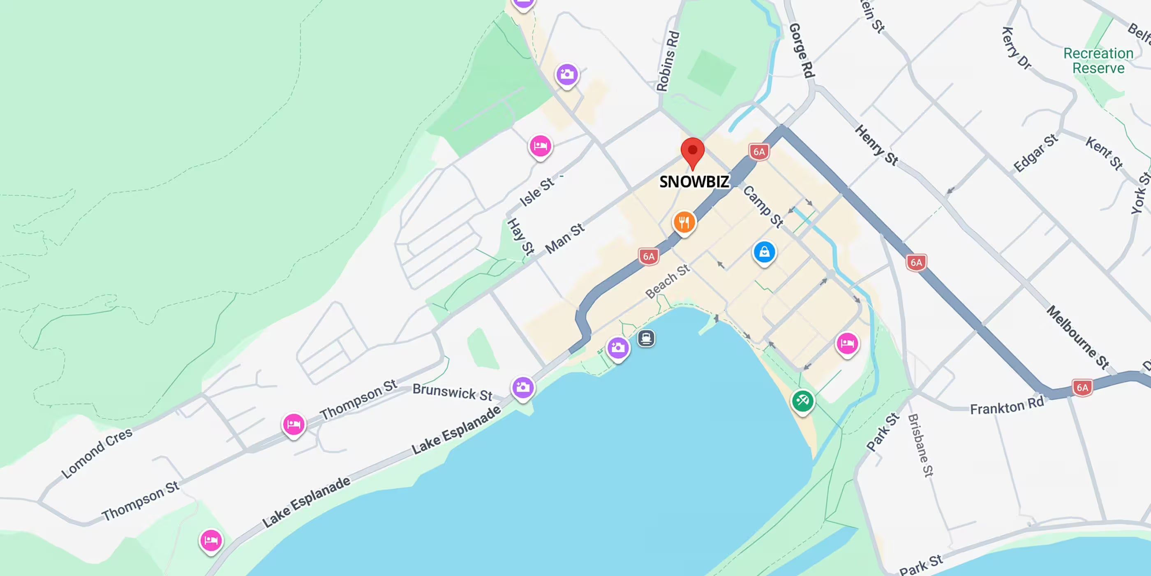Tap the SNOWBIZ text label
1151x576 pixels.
coord(694,181)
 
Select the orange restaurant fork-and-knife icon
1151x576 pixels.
coord(684,222)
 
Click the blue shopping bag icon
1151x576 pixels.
coord(764,252)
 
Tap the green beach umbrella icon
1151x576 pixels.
coord(802,401)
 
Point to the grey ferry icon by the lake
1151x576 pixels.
coord(646,338)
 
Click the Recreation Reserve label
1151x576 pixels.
coord(1098,61)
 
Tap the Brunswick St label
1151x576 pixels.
coord(452,392)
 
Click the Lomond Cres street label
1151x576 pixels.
coord(97,452)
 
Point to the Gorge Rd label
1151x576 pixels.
coord(802,51)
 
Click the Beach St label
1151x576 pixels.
coord(668,281)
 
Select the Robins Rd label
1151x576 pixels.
coord(668,61)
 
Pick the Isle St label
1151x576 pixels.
coord(536,192)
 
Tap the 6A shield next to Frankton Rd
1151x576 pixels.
coord(1082,387)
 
